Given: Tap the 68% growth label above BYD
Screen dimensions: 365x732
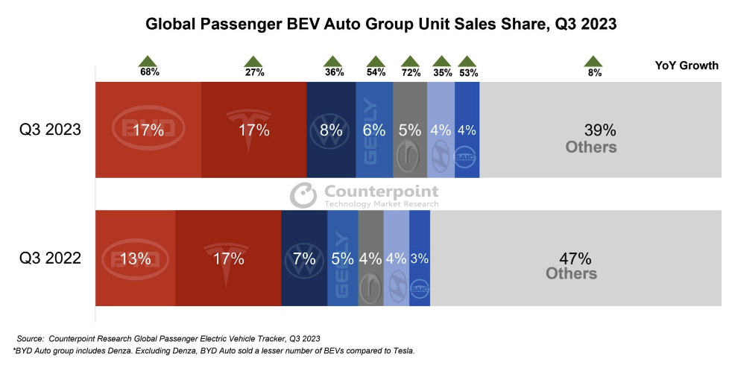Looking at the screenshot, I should pyautogui.click(x=149, y=72).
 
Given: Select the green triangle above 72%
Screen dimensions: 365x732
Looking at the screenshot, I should pyautogui.click(x=410, y=61).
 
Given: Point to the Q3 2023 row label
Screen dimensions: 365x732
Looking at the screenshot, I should pyautogui.click(x=50, y=130).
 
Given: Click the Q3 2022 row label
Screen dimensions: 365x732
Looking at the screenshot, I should pyautogui.click(x=50, y=258).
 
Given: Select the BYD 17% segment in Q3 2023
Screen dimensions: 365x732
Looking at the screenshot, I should pyautogui.click(x=148, y=130).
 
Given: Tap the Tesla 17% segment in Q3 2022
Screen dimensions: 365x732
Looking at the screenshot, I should pyautogui.click(x=228, y=258).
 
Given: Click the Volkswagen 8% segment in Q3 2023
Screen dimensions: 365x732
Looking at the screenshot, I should pyautogui.click(x=330, y=130).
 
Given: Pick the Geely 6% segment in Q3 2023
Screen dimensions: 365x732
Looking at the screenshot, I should pyautogui.click(x=374, y=130).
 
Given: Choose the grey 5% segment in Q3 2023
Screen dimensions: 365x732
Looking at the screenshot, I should pyautogui.click(x=410, y=130).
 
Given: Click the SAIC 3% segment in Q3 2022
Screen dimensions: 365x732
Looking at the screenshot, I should pyautogui.click(x=420, y=258).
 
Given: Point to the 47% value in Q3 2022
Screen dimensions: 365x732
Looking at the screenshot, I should pyautogui.click(x=575, y=258).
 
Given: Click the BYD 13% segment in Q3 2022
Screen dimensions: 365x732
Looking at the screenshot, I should pyautogui.click(x=136, y=258).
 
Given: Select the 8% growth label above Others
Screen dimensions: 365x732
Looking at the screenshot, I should pyautogui.click(x=594, y=72).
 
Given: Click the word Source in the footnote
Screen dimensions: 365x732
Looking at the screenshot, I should pyautogui.click(x=31, y=339).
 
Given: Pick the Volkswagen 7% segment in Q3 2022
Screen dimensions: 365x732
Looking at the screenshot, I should pyautogui.click(x=304, y=258).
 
